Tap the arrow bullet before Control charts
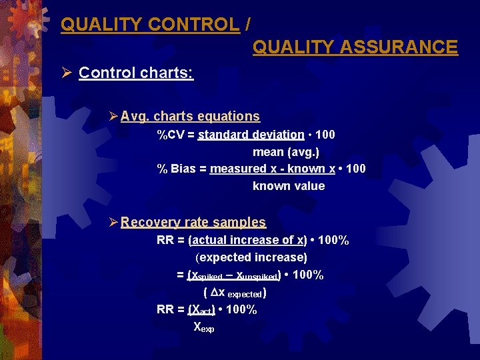[66, 73]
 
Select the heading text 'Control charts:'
[136, 73]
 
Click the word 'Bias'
[183, 169]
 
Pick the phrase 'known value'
[289, 187]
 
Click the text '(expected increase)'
[251, 257]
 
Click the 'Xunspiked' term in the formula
[256, 275]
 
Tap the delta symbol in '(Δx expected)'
[214, 293]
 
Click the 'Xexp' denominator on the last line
[203, 327]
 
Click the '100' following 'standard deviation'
[325, 135]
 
